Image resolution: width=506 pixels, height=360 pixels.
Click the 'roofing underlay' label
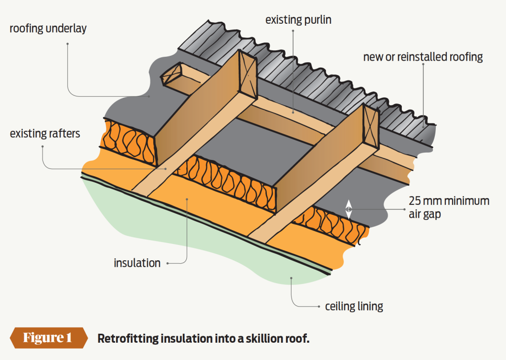coord(48,28)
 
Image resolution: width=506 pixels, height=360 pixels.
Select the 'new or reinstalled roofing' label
coord(422,57)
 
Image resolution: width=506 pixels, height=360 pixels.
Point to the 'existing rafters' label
coord(45,133)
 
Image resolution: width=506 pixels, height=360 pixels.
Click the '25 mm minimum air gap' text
coord(449,208)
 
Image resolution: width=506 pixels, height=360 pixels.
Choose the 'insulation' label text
coord(137,263)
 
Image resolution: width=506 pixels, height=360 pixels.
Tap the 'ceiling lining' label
coord(354,306)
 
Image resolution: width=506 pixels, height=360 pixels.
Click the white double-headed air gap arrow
coord(348,209)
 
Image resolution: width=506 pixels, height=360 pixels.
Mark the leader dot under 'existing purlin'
coord(293,31)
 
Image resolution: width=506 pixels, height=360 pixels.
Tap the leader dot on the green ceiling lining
coord(292,278)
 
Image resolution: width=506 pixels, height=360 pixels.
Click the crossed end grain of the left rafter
coord(248,72)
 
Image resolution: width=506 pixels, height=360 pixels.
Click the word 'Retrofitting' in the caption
coord(126,339)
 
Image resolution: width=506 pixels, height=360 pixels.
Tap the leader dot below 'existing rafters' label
coord(43,146)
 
